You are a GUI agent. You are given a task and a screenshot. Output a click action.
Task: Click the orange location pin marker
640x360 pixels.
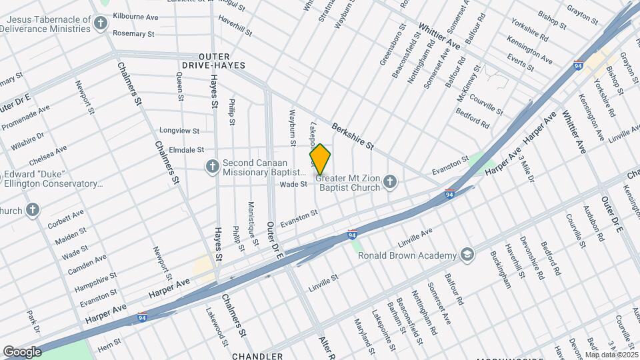point(320,159)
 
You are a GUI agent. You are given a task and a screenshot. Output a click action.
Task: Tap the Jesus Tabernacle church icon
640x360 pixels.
point(101,25)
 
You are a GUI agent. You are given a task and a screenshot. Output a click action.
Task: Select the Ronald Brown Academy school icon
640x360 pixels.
point(467,255)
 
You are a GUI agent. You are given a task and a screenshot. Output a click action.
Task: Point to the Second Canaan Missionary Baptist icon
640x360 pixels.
point(212,166)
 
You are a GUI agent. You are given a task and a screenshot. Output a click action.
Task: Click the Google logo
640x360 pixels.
point(22,351)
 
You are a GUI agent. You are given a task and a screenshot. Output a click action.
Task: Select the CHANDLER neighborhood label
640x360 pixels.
point(257,356)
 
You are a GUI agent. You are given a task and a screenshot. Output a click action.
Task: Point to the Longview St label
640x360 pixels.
point(179,131)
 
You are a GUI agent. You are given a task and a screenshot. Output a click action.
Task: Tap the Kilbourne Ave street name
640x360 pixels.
point(135,15)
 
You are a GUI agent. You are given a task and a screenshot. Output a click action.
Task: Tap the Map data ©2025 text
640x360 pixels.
point(611,355)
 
